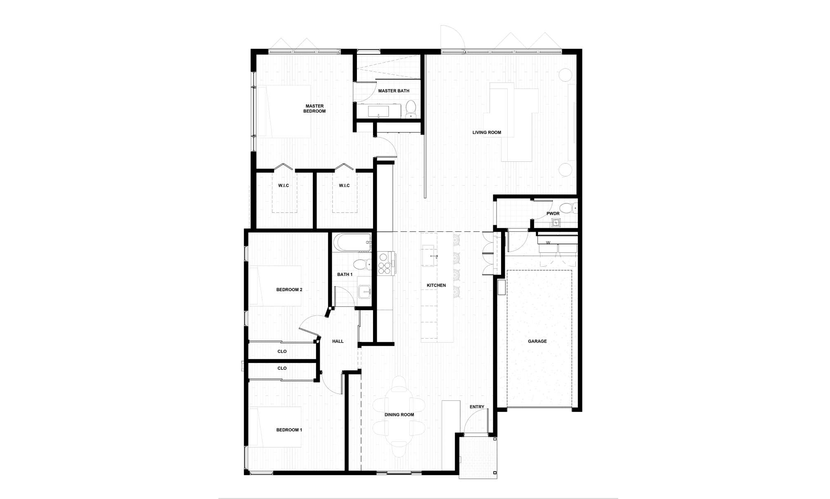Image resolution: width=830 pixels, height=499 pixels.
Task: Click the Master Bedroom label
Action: point(315,108)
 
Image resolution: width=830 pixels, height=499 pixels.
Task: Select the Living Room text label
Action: point(487,133)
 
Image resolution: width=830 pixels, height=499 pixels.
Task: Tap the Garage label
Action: point(537,342)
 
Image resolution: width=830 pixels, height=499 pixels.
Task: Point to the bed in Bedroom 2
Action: point(275,286)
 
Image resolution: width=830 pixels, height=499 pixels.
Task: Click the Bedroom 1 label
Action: point(289,430)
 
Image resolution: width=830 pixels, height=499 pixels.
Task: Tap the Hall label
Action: point(338,341)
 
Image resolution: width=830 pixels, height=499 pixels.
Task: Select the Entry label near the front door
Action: point(477,407)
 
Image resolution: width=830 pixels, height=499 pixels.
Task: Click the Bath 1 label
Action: point(346,274)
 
